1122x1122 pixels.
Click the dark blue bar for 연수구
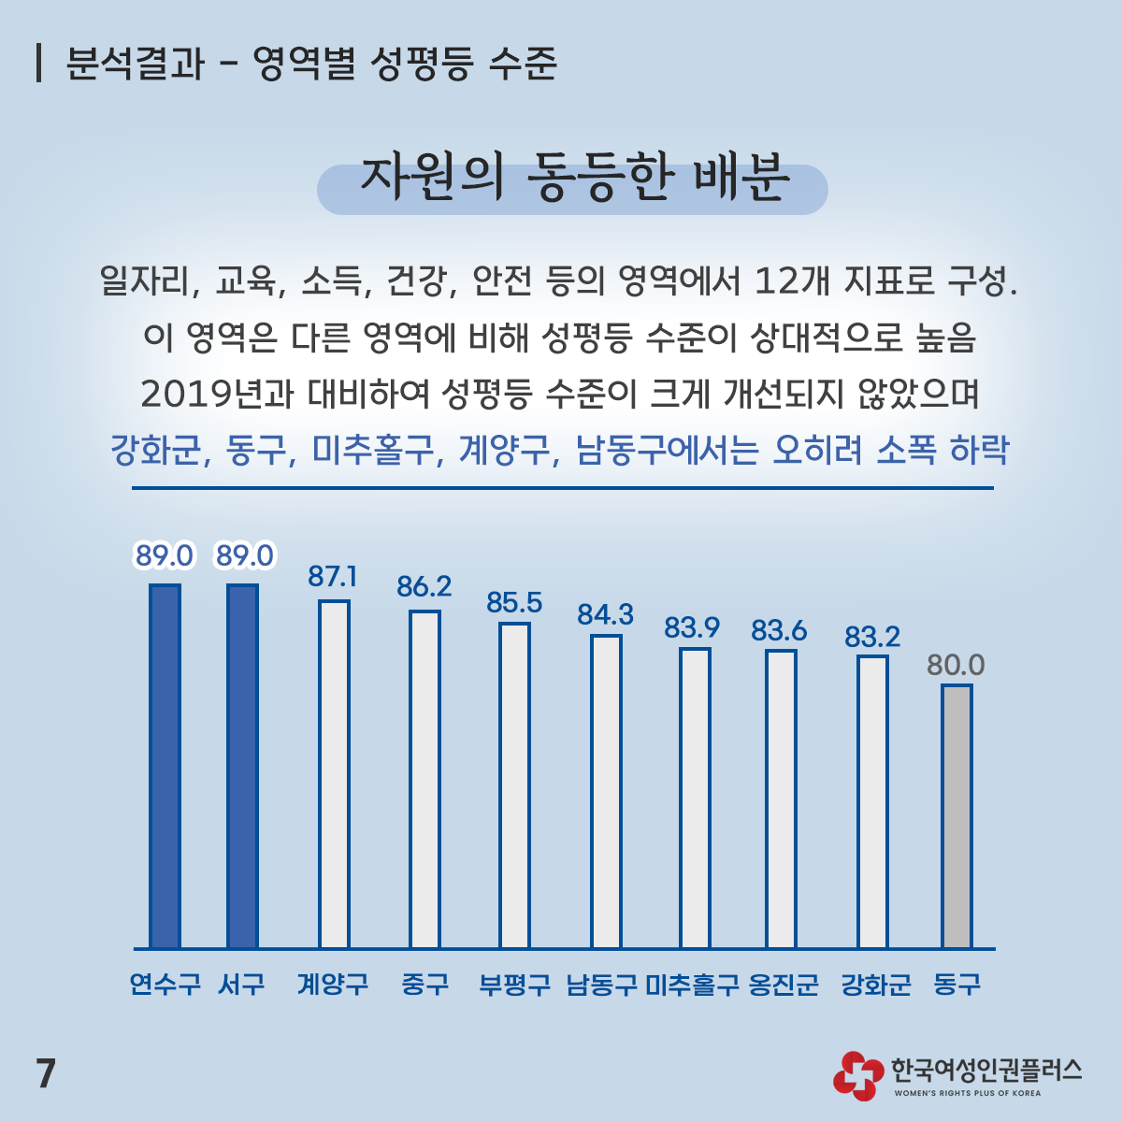tap(165, 767)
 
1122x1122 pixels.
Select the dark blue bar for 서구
tap(243, 767)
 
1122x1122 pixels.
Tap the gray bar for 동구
tap(957, 816)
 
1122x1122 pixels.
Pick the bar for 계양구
tap(334, 774)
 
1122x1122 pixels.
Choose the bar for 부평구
tap(514, 785)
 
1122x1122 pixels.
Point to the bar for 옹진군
tap(781, 799)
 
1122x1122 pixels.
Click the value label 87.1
tap(332, 577)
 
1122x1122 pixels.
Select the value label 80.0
tap(956, 665)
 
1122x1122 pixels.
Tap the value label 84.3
tap(605, 614)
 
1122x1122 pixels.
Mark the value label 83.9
tap(692, 628)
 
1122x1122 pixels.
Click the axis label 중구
tap(424, 985)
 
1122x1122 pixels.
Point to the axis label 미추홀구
tap(692, 985)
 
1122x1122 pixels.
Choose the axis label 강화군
tap(875, 985)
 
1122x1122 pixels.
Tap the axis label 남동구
tap(602, 985)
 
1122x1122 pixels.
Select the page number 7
tap(46, 1073)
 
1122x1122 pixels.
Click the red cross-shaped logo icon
tap(857, 1075)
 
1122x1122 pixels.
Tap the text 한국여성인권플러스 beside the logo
tap(986, 1069)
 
